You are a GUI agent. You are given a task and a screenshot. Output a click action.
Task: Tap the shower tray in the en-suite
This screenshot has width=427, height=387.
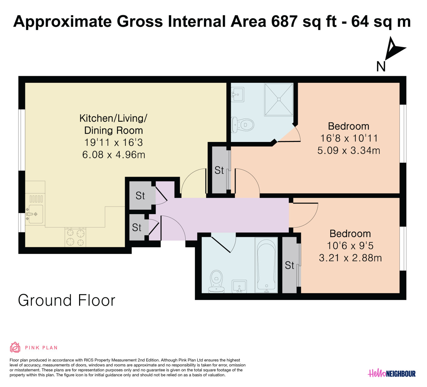[x=279, y=99]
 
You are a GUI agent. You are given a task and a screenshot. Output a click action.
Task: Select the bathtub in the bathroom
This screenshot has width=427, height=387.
[x=266, y=265]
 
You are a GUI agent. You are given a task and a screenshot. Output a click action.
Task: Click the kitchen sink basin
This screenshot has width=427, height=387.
[x=36, y=214]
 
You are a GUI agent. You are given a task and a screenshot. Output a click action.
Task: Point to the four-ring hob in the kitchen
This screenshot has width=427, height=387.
[x=75, y=237]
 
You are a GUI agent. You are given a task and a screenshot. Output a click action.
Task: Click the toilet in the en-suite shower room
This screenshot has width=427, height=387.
[x=243, y=125]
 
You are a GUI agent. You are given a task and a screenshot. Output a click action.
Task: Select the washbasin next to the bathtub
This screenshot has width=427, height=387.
[x=239, y=286]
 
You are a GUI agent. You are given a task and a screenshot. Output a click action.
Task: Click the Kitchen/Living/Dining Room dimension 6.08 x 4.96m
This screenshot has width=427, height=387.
[x=114, y=155]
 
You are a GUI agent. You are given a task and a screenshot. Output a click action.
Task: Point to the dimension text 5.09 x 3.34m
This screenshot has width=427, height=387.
[x=349, y=150]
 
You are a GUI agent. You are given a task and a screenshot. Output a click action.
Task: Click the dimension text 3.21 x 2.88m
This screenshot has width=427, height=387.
[x=350, y=258]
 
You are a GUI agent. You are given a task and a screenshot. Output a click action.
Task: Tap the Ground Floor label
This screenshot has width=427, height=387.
[x=67, y=300]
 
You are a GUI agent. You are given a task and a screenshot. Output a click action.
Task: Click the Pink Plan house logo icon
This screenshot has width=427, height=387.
[x=15, y=347]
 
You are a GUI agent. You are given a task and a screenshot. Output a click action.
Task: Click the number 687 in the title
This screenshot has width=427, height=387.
[x=284, y=21]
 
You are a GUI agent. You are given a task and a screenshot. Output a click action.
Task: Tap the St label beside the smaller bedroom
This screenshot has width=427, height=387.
[x=289, y=265]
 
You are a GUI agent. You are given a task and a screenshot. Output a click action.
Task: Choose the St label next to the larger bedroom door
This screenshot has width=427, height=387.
[x=219, y=170]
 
